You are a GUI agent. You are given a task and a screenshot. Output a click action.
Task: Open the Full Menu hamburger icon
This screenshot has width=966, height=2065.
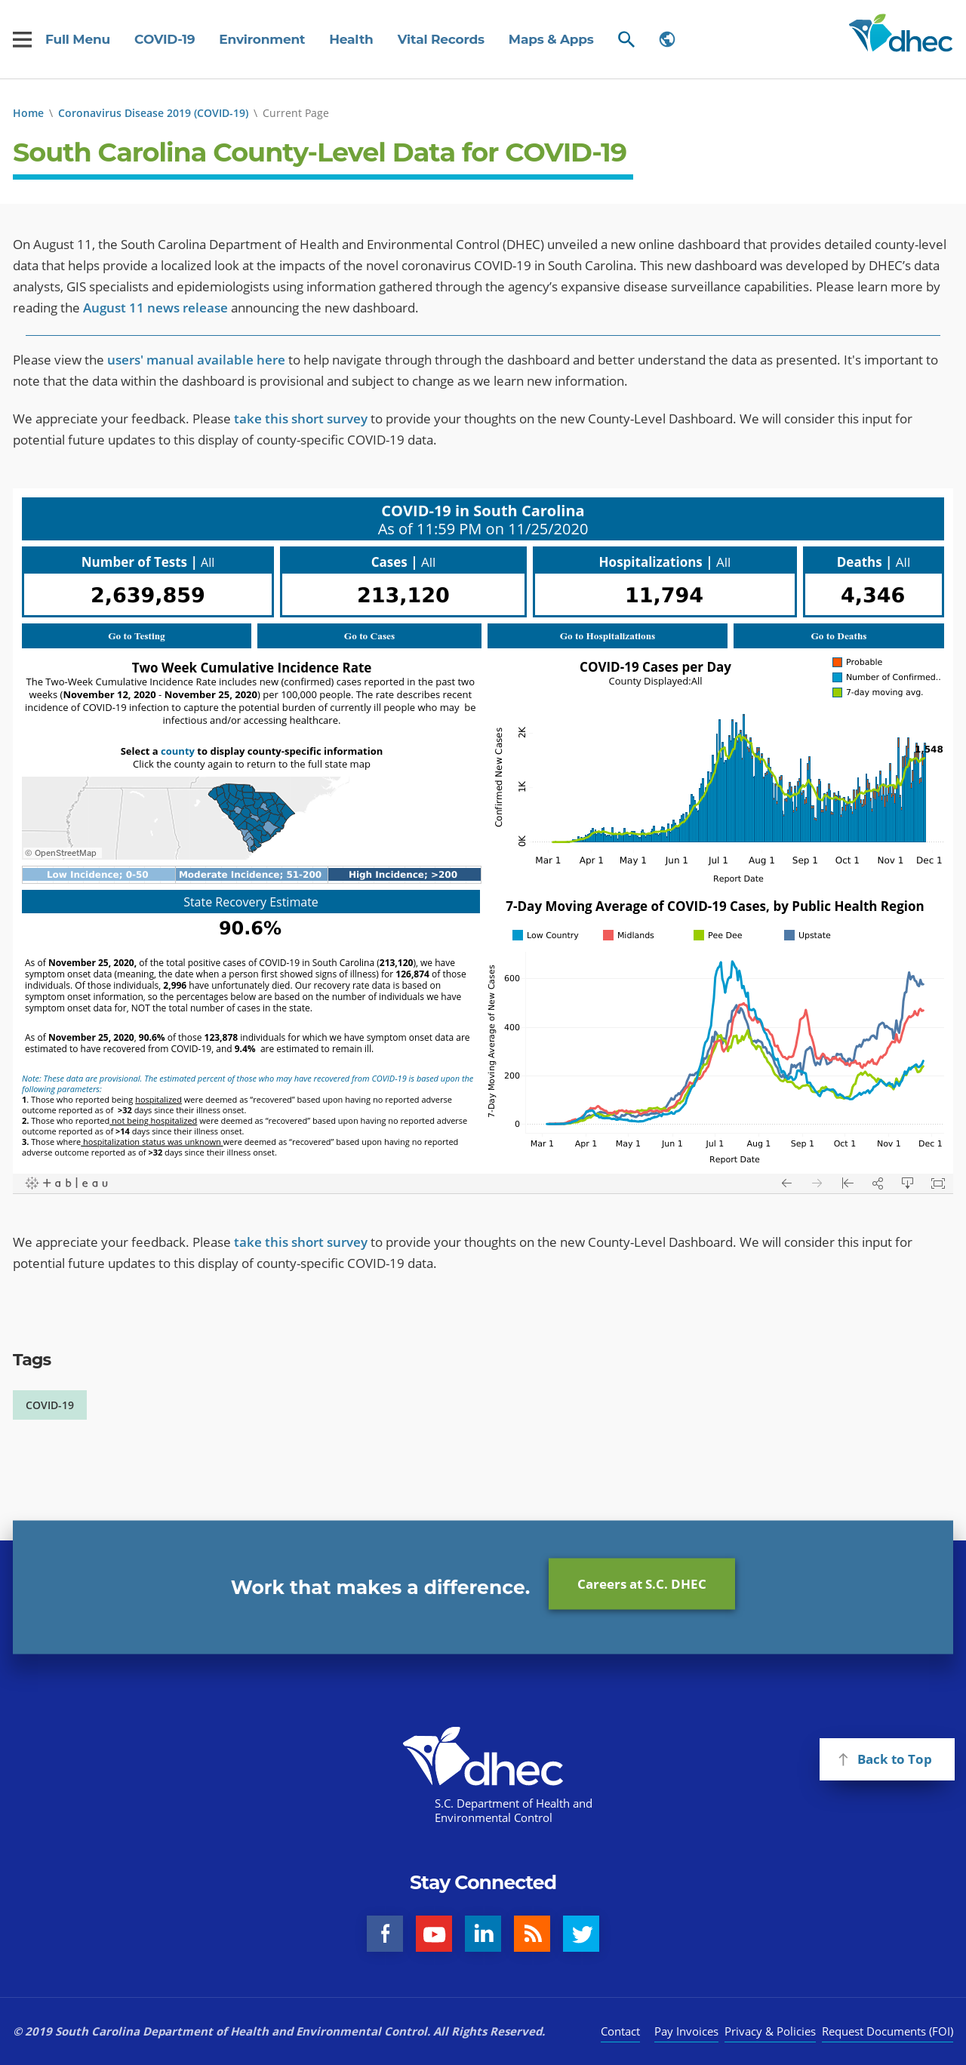tap(23, 39)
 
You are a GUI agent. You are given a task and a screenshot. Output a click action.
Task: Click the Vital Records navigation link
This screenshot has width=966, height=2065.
tap(440, 39)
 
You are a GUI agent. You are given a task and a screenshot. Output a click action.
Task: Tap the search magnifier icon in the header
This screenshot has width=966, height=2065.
tap(626, 39)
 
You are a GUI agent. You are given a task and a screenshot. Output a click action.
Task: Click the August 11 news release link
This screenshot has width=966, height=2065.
tap(155, 308)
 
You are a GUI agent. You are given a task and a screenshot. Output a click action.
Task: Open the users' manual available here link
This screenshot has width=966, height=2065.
tap(195, 360)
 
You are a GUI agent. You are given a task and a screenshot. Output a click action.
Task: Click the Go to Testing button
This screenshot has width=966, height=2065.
tap(137, 636)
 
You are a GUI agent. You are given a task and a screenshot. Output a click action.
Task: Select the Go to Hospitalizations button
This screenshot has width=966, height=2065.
tap(607, 636)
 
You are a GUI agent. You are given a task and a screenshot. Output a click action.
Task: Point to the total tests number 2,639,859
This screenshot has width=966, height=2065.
tap(147, 595)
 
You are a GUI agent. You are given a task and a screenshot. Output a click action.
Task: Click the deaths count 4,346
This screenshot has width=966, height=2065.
tap(872, 595)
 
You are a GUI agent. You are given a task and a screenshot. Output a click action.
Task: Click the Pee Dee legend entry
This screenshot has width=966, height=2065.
tap(718, 934)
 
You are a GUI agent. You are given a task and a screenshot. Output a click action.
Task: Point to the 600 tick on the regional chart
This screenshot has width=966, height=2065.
tap(512, 978)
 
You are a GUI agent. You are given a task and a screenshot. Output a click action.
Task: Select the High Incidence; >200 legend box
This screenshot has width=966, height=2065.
tap(403, 875)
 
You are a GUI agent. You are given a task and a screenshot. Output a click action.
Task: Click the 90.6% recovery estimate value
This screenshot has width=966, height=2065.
tap(250, 928)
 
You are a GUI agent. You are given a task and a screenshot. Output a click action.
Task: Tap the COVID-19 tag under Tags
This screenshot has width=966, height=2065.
tap(50, 1405)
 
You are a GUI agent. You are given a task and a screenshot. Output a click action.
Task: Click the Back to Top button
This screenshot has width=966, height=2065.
tap(886, 1759)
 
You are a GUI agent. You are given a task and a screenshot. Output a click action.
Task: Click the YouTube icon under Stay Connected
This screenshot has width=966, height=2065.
tap(434, 1934)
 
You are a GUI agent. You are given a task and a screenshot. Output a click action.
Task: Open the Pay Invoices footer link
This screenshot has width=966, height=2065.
tap(685, 2031)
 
